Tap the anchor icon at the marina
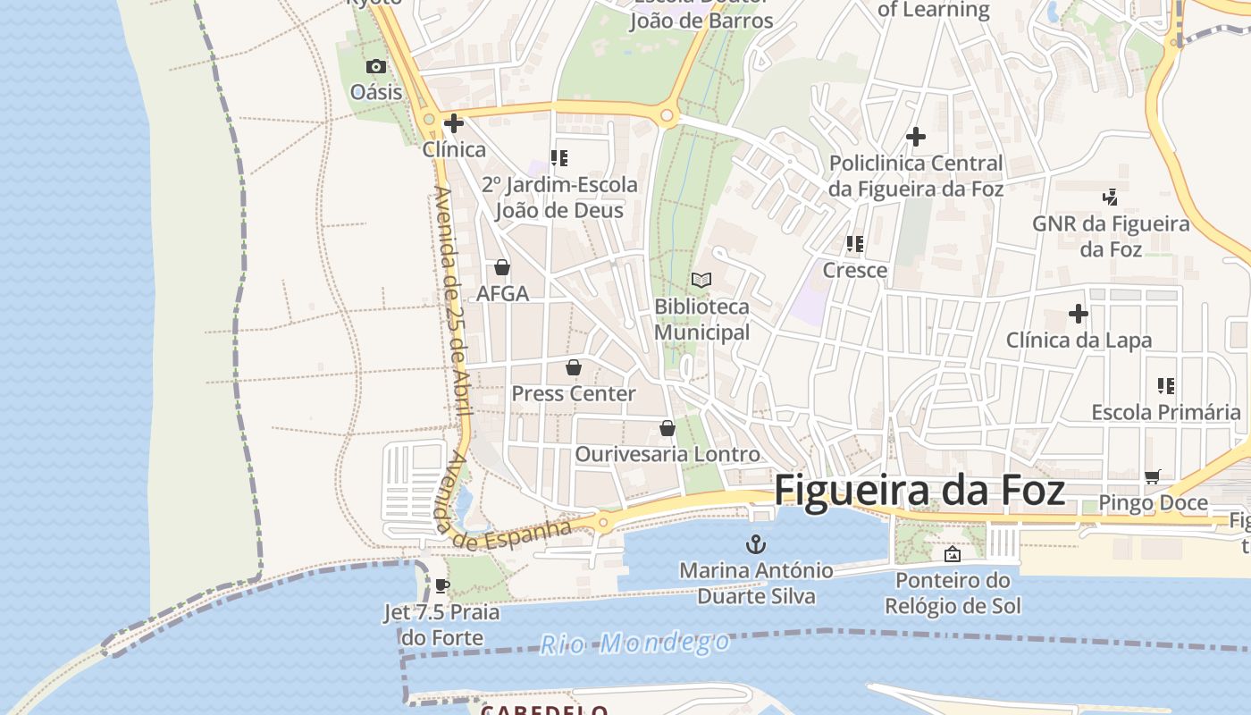click(x=756, y=543)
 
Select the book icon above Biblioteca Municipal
click(x=701, y=281)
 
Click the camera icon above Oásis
click(x=376, y=66)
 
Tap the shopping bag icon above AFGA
click(x=502, y=267)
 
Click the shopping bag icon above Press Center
click(x=573, y=367)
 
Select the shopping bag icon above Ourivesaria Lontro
click(x=667, y=428)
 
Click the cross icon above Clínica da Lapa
click(x=1079, y=315)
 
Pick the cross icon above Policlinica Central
click(x=916, y=137)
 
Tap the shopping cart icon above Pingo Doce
click(x=1153, y=476)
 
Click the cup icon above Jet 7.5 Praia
click(x=441, y=586)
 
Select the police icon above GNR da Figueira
click(x=1110, y=197)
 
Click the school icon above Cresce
click(x=855, y=244)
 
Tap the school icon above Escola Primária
click(x=1166, y=386)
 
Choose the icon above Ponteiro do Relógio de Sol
click(x=953, y=554)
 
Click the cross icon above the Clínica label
click(x=454, y=123)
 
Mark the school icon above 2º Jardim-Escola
click(x=559, y=158)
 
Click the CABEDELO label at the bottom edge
click(x=544, y=710)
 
